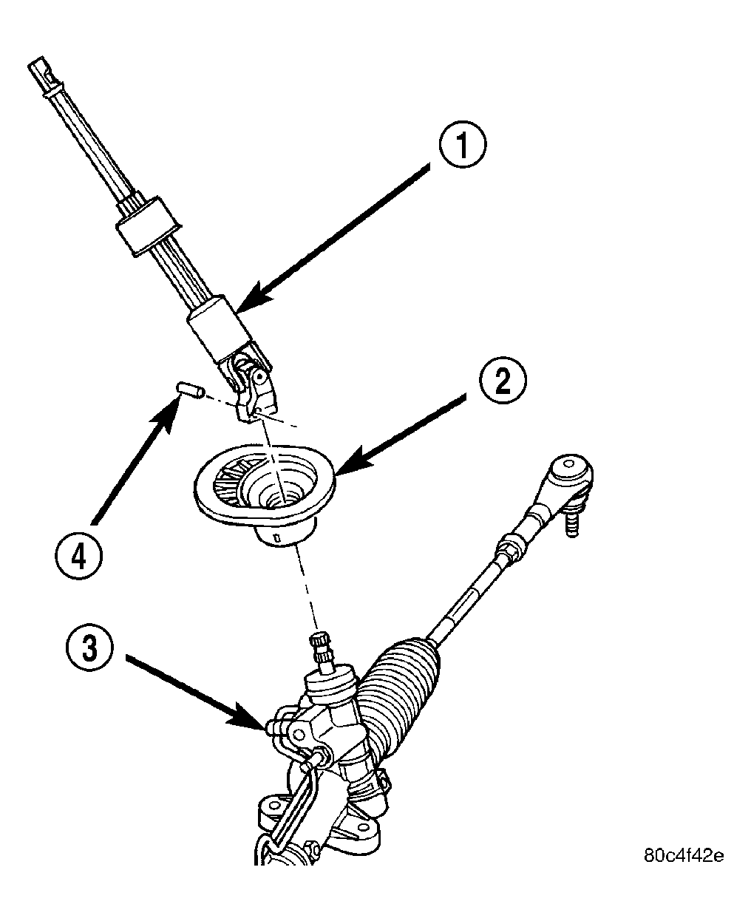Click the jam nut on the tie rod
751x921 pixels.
tap(507, 548)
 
